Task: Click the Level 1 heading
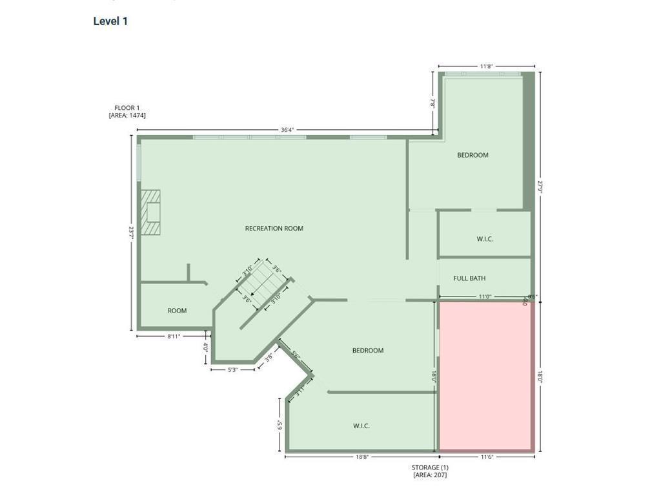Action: tap(110, 21)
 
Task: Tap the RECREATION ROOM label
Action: tap(274, 229)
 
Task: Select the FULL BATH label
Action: tap(469, 278)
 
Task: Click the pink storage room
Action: tap(485, 376)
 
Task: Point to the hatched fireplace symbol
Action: tap(151, 212)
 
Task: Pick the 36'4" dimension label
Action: tap(287, 130)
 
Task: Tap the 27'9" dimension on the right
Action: tap(540, 187)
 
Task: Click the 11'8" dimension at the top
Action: tap(487, 66)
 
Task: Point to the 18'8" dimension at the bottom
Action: tap(361, 457)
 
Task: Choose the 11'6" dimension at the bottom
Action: tap(487, 457)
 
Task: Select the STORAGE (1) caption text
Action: tap(430, 468)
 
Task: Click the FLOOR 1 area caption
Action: tap(127, 112)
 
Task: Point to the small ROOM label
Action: tap(177, 311)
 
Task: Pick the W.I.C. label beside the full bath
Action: tap(485, 239)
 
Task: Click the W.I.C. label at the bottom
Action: tap(361, 426)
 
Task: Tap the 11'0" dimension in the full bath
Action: tap(485, 297)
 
